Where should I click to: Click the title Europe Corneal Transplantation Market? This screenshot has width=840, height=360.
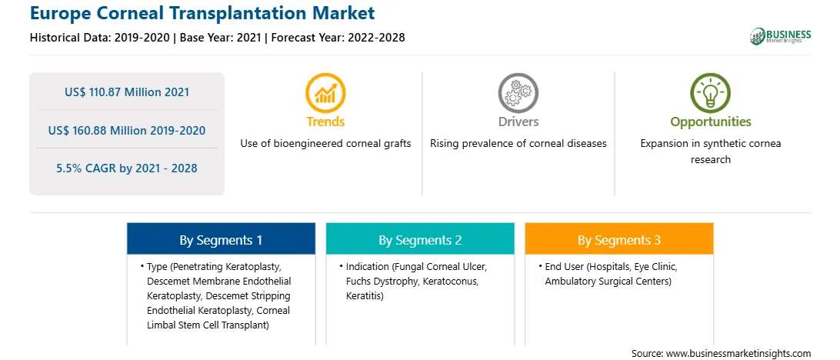pos(202,12)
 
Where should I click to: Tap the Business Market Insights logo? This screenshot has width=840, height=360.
pos(781,36)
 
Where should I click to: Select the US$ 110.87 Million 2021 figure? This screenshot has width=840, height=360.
pos(127,92)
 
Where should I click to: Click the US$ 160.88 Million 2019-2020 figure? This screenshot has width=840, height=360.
pos(127,130)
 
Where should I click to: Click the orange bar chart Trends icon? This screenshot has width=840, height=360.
pos(325,92)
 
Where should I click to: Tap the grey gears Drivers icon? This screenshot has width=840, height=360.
pos(518,92)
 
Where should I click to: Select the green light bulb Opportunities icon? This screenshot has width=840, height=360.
pos(710,92)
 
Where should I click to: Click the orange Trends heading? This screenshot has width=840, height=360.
pos(325,122)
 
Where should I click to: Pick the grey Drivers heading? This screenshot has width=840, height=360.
pos(518,122)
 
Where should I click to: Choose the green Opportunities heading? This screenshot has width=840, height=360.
pos(711,122)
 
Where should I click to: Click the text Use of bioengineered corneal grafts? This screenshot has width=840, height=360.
pos(325,144)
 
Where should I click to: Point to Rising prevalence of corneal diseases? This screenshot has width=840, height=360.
pos(518,144)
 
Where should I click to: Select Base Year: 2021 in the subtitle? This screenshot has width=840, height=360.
pos(220,38)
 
